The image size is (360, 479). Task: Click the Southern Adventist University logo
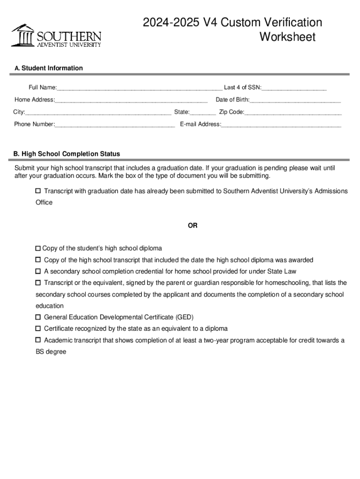tap(56, 36)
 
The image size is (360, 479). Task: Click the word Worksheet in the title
tap(288, 37)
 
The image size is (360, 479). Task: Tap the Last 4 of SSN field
tap(294, 87)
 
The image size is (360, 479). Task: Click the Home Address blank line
tap(131, 100)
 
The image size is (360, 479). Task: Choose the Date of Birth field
tap(295, 100)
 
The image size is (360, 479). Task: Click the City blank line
tap(98, 112)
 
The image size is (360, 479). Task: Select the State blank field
tap(203, 112)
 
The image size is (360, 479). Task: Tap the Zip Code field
tap(293, 112)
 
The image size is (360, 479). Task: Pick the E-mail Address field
tap(281, 124)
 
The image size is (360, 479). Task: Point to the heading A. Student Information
tap(49, 68)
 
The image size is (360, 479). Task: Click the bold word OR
tap(193, 225)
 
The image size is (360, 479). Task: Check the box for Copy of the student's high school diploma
tap(38, 248)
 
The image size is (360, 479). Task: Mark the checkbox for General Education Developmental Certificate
tap(38, 317)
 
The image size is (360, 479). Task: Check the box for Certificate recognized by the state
tap(38, 329)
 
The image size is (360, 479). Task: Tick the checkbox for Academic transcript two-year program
tap(38, 340)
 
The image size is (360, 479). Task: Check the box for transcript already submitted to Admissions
tap(38, 191)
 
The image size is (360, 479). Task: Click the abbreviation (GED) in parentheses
tap(184, 317)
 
